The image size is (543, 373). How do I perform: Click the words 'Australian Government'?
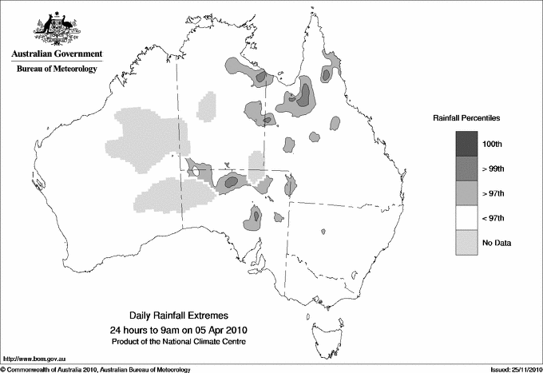point(57,54)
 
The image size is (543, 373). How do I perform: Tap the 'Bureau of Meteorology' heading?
point(57,69)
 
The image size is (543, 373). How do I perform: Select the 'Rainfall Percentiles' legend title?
point(466,117)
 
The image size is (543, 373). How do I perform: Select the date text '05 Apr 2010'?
point(211,330)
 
